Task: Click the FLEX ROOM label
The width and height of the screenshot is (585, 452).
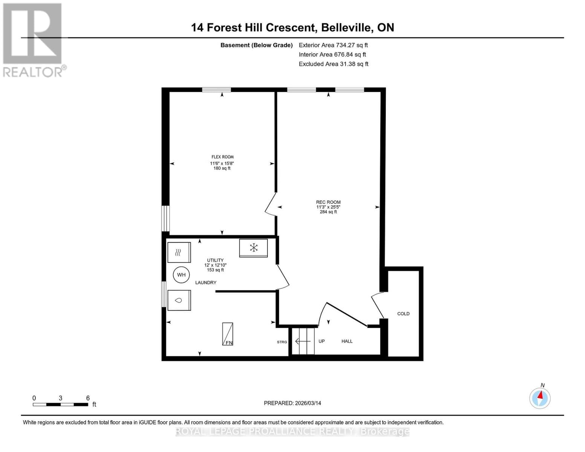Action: click(222, 157)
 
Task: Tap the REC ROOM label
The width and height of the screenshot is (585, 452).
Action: click(328, 202)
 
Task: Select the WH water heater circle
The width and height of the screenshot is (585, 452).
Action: click(181, 275)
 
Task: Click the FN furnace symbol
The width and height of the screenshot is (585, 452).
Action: click(228, 334)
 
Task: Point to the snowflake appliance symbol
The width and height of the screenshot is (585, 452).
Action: click(254, 248)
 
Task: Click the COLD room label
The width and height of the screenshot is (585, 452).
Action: click(403, 314)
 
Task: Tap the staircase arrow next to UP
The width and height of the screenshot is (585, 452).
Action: click(302, 341)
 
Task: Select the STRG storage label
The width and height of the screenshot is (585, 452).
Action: click(282, 342)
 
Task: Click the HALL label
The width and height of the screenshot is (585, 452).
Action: click(347, 341)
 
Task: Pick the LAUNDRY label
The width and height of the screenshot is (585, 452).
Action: click(206, 282)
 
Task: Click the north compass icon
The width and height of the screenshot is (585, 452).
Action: click(540, 398)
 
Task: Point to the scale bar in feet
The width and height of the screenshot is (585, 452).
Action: click(61, 404)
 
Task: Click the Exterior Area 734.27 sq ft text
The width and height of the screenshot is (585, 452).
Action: click(333, 45)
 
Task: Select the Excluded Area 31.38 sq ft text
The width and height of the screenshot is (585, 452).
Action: click(333, 64)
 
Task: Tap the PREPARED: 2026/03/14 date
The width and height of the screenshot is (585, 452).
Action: click(292, 403)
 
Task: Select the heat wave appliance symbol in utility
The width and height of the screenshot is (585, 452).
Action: click(179, 252)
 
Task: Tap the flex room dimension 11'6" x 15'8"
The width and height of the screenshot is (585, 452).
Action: click(222, 163)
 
